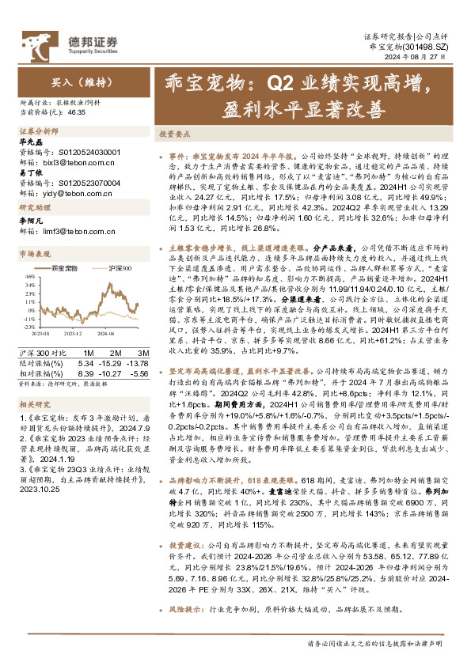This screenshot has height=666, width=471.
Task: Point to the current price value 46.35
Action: (77, 113)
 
